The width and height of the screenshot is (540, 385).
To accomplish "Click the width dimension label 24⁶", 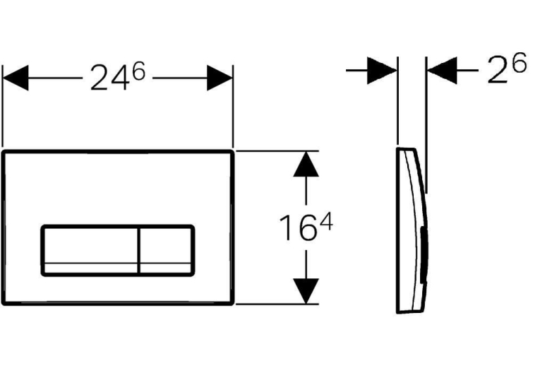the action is (x=118, y=76).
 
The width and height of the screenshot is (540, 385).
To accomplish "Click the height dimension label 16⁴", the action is (x=306, y=227).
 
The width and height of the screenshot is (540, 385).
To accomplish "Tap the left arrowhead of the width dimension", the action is (x=16, y=78).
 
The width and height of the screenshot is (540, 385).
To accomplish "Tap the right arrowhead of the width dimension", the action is (x=220, y=78).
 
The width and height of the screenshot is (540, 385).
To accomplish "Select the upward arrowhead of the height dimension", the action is (x=306, y=164).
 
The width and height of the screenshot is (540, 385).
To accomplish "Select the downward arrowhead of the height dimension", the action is (x=306, y=291).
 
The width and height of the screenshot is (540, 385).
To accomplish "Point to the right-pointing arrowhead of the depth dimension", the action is (x=382, y=71).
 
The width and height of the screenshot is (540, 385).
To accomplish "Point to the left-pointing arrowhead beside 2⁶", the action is (x=442, y=71).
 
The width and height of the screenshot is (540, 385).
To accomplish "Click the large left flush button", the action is (x=91, y=251).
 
